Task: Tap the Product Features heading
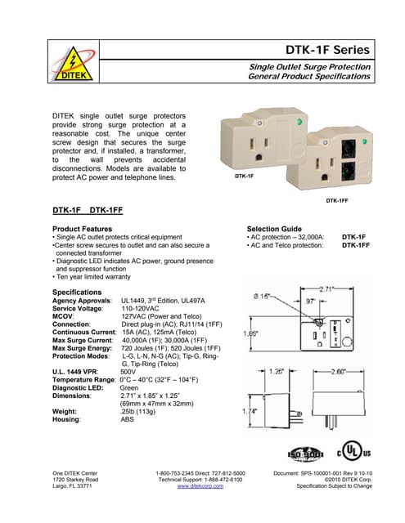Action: (83, 229)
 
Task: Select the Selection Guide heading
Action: (274, 229)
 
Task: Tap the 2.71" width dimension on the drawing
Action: (326, 288)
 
